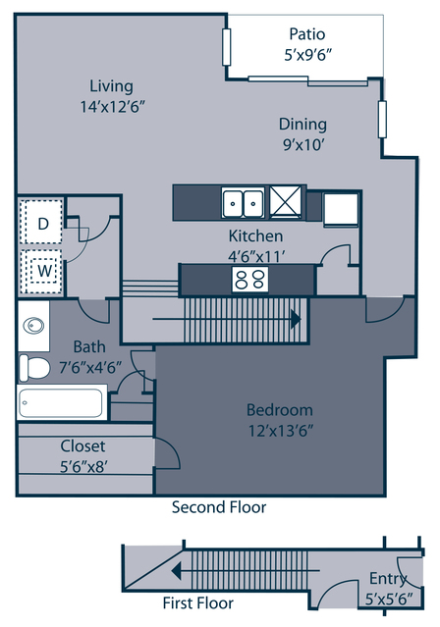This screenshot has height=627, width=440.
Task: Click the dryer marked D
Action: pyautogui.click(x=43, y=222)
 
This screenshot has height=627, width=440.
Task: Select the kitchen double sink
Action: pyautogui.click(x=243, y=203)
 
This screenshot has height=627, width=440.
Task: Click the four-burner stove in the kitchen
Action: pyautogui.click(x=250, y=279)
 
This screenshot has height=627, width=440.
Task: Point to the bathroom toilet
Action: pyautogui.click(x=34, y=368)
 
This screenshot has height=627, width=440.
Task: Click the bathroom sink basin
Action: pyautogui.click(x=33, y=326)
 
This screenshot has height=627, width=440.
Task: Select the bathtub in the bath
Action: pyautogui.click(x=61, y=402)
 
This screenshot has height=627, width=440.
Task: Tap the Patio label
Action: pyautogui.click(x=307, y=34)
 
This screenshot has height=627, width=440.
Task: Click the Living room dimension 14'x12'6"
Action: pyautogui.click(x=112, y=107)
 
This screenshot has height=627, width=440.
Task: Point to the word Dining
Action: pyautogui.click(x=302, y=125)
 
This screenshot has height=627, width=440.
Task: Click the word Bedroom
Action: pyautogui.click(x=280, y=410)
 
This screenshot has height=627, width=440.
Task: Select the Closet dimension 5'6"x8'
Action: pyautogui.click(x=83, y=467)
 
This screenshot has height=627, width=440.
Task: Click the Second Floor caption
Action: pyautogui.click(x=219, y=507)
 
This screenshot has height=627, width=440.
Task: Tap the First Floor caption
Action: pyautogui.click(x=197, y=602)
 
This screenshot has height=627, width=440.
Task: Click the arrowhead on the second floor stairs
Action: pyautogui.click(x=296, y=319)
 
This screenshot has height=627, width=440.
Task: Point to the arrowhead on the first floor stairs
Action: pyautogui.click(x=176, y=571)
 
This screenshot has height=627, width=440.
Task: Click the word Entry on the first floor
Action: pyautogui.click(x=388, y=579)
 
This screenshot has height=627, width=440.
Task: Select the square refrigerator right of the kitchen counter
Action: pyautogui.click(x=340, y=210)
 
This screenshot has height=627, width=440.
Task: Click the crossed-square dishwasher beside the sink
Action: pyautogui.click(x=286, y=201)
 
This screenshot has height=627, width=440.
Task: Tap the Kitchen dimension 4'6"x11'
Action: pyautogui.click(x=256, y=257)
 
